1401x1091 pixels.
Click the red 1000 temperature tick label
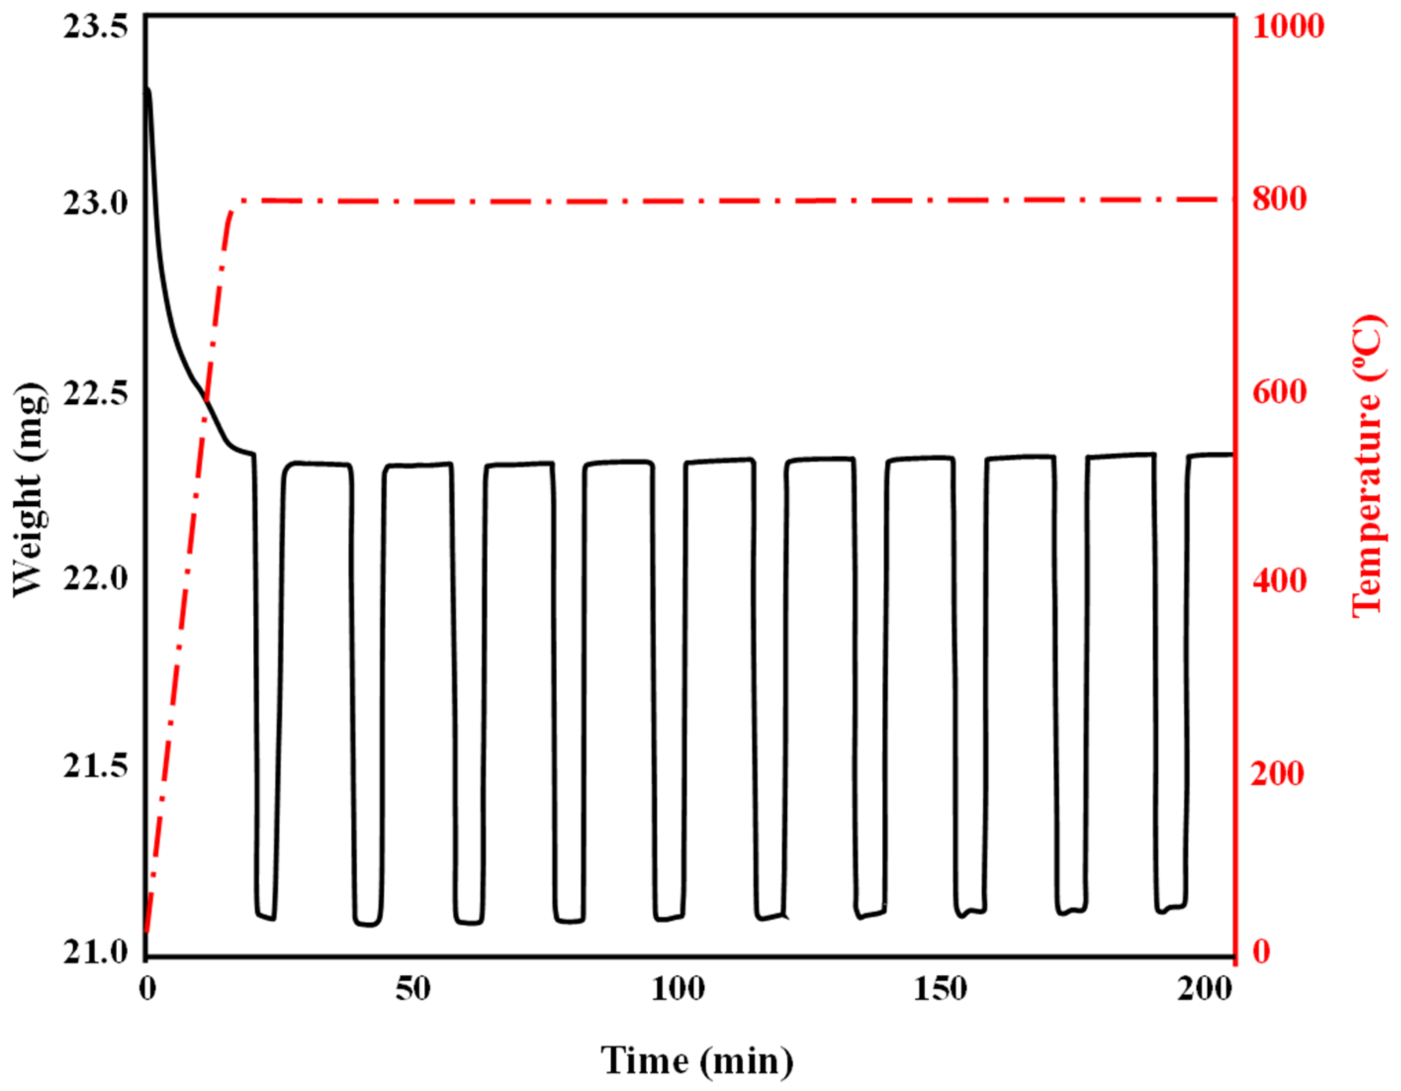1288,27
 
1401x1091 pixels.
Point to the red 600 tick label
1280,391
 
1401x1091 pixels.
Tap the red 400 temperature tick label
1280,580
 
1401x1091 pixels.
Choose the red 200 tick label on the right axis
1280,773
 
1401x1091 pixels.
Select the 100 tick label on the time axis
678,990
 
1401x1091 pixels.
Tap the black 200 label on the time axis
1204,990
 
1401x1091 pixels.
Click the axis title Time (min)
697,1061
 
